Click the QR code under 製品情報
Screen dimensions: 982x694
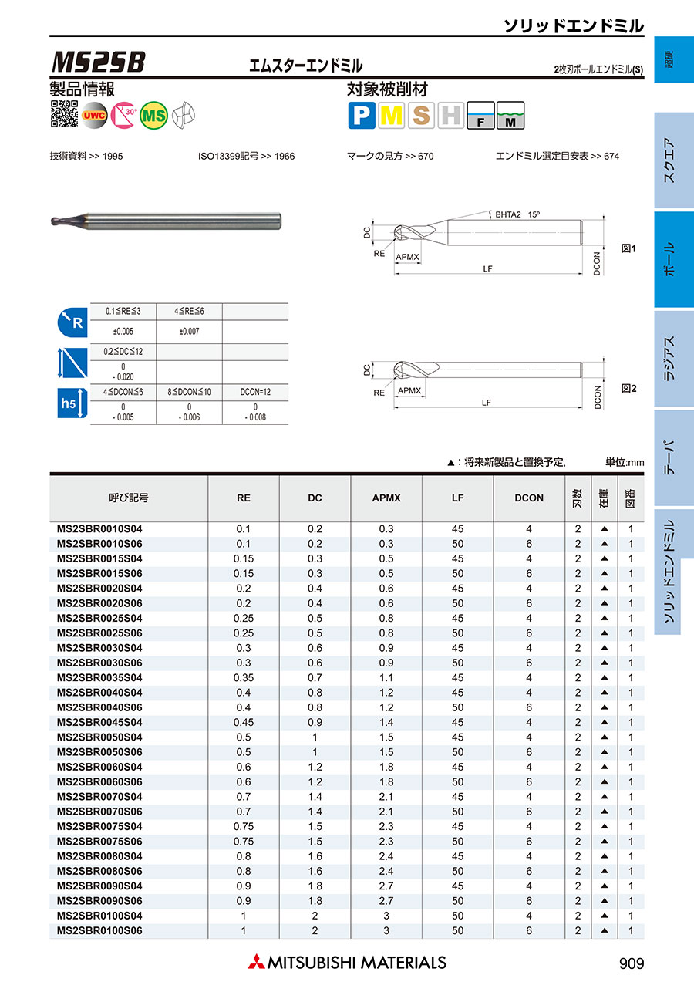(64, 115)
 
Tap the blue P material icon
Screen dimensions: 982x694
(362, 116)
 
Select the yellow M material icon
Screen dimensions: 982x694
(392, 116)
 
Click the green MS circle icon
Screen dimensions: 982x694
(154, 115)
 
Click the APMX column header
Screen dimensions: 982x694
(386, 498)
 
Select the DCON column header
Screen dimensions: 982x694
(529, 498)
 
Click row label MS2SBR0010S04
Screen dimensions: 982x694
(100, 529)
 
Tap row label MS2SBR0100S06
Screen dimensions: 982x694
(100, 931)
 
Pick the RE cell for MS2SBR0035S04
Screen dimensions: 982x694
(244, 678)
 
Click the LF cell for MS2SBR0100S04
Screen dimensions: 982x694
(458, 916)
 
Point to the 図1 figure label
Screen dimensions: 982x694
(628, 249)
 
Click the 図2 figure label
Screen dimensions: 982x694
(628, 389)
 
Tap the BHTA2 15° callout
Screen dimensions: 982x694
(517, 214)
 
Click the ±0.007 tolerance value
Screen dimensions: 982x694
(190, 332)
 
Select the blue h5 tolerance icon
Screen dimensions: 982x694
(69, 403)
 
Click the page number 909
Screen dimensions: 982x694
(631, 963)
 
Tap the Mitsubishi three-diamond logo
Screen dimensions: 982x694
(255, 962)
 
